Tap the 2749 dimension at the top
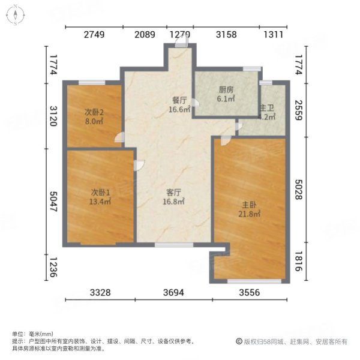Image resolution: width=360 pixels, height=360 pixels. click(94, 34)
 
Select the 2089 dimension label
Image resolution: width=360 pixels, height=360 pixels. click(145, 34)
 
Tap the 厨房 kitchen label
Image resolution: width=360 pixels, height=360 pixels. click(226, 91)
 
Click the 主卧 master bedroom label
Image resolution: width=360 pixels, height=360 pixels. click(250, 204)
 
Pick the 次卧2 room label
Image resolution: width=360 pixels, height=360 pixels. click(94, 111)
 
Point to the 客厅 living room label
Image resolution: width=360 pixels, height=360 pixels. click(174, 193)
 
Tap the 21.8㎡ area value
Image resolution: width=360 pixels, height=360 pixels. click(250, 214)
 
